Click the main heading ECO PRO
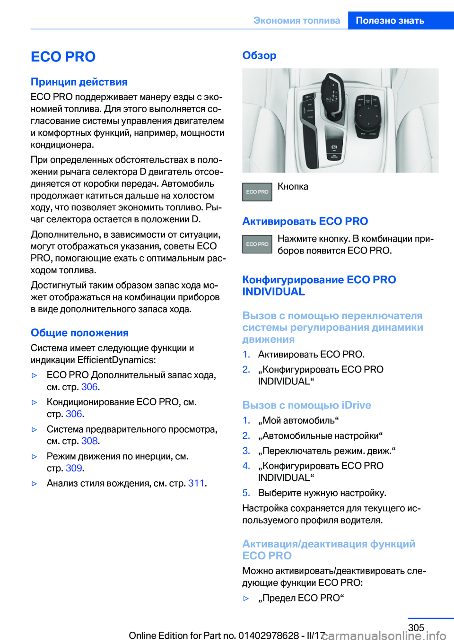[63, 57]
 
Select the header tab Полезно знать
[390, 20]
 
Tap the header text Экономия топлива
[297, 20]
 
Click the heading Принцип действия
[79, 82]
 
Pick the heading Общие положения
[79, 333]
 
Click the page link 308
[89, 441]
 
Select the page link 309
[74, 468]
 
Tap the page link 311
[196, 483]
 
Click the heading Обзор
[259, 55]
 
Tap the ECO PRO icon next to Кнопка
[257, 192]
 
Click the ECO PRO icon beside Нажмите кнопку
[257, 244]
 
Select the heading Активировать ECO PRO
[305, 221]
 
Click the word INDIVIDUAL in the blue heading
[273, 292]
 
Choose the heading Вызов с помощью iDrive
[306, 405]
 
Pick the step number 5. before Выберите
[246, 493]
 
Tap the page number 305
[416, 627]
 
